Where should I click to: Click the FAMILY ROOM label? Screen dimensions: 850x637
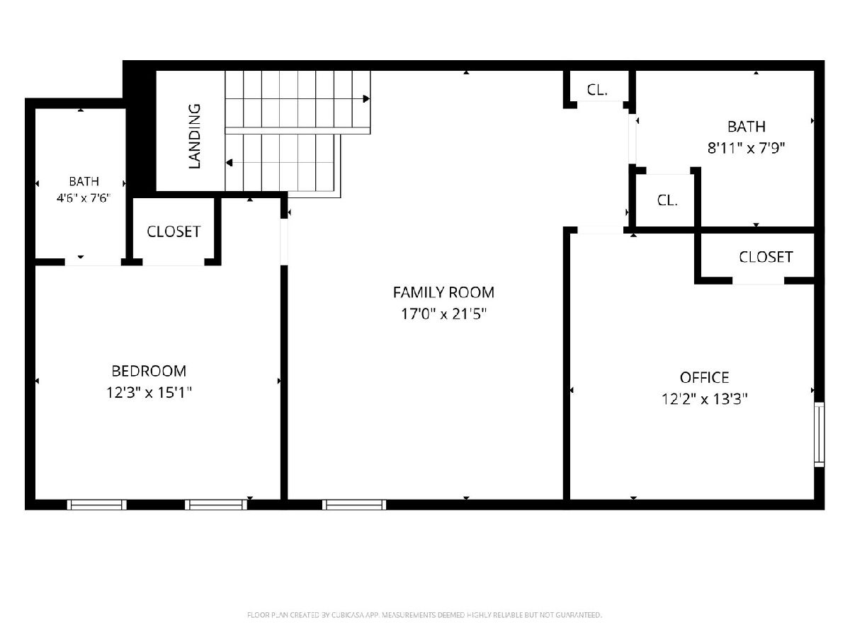(x=443, y=292)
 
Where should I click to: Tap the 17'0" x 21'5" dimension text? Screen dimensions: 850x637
(x=443, y=314)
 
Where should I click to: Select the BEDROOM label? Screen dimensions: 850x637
(x=149, y=371)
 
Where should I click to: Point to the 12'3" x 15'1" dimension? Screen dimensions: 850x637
(x=149, y=393)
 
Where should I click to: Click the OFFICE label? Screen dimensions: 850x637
(x=704, y=377)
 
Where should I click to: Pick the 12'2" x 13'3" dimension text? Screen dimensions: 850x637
(x=704, y=398)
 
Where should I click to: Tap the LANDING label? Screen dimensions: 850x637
(x=194, y=136)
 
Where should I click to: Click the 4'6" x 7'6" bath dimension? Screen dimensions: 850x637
(x=84, y=198)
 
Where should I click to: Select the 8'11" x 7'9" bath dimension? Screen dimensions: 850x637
(x=746, y=148)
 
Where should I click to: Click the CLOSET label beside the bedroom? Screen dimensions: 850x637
(x=174, y=231)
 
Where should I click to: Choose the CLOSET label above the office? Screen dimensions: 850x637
(x=766, y=257)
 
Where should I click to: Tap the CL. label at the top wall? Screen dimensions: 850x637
(x=597, y=90)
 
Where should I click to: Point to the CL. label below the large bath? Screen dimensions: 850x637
(x=667, y=200)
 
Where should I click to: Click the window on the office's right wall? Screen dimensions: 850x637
(x=819, y=435)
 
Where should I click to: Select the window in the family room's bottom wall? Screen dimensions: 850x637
(x=354, y=505)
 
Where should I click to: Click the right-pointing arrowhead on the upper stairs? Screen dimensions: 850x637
(x=366, y=98)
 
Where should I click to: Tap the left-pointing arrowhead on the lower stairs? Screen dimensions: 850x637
(x=229, y=163)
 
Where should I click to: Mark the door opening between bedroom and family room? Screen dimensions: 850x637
(x=284, y=242)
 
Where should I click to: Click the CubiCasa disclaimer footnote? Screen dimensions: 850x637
(x=424, y=615)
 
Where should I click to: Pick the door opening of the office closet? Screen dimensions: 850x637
(x=758, y=281)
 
